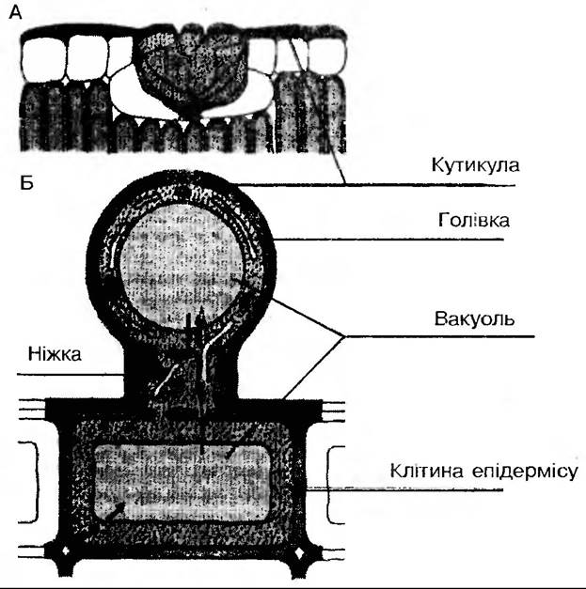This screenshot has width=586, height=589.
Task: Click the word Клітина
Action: pyautogui.click(x=422, y=469)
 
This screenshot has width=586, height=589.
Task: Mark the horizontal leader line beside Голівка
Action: pyautogui.click(x=395, y=240)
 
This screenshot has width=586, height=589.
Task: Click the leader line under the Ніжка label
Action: pyautogui.click(x=71, y=374)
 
